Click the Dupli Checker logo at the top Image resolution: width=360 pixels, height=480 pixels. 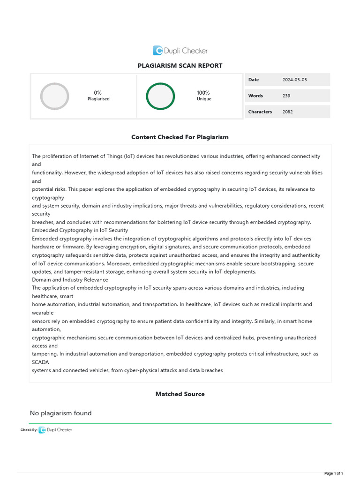click(x=180, y=51)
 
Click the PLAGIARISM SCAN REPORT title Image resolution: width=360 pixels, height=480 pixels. click(x=180, y=66)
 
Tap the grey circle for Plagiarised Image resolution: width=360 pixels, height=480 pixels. click(x=54, y=96)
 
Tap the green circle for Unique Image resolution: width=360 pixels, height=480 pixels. click(x=160, y=96)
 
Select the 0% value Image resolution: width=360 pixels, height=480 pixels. click(x=98, y=93)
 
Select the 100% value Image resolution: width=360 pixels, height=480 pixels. click(x=203, y=93)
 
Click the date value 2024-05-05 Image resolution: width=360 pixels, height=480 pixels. click(x=294, y=80)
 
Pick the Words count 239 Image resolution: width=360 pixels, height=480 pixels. click(x=286, y=96)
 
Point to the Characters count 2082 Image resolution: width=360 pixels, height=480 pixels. click(x=288, y=112)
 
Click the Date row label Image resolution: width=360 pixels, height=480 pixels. click(x=254, y=80)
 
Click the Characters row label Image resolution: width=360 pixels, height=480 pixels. click(x=260, y=112)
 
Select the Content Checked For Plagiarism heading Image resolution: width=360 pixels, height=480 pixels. click(x=180, y=137)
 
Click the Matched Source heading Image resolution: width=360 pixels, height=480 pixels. click(x=180, y=394)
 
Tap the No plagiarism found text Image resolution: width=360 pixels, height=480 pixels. click(x=61, y=413)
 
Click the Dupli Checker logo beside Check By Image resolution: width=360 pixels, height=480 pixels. click(x=55, y=430)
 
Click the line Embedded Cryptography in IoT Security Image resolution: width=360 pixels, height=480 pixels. click(x=80, y=230)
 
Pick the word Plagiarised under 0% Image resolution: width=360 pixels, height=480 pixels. click(x=98, y=99)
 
